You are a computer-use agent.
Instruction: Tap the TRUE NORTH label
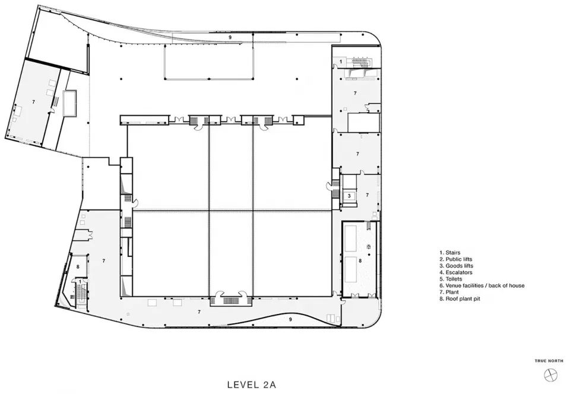tap(549, 361)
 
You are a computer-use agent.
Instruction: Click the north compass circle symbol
tap(550, 375)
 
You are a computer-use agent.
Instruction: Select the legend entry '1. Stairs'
tap(450, 252)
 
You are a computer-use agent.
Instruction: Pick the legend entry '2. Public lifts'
tap(456, 259)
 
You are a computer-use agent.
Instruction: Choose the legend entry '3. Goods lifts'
tap(456, 265)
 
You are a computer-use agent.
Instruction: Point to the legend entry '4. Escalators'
tap(456, 272)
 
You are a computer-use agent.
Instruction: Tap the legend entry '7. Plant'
tap(449, 292)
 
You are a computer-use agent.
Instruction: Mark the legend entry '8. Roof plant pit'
tap(460, 298)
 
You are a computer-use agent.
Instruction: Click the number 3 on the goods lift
tap(349, 196)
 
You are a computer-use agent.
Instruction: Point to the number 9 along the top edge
tap(230, 37)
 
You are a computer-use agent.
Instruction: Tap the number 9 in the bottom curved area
tap(290, 320)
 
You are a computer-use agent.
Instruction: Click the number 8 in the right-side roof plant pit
tap(360, 260)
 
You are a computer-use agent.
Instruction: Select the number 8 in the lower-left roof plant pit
tap(78, 266)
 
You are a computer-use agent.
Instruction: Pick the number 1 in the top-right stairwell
tap(341, 62)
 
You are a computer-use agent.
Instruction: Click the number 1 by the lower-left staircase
tap(80, 281)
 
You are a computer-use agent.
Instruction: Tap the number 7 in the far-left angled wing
tap(33, 102)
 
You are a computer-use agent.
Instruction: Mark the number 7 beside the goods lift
tap(367, 195)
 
